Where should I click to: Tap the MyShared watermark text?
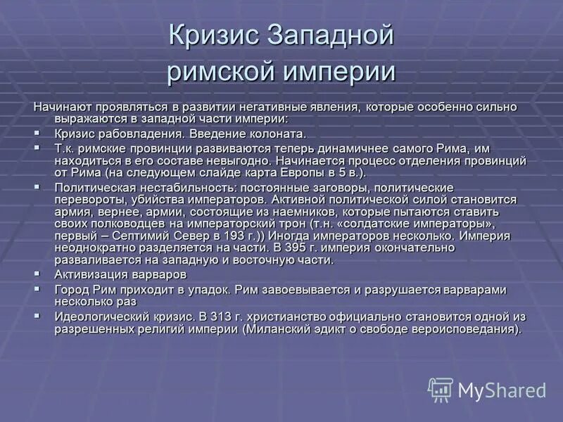pyautogui.click(x=502, y=390)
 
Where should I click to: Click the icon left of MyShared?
pyautogui.click(x=441, y=389)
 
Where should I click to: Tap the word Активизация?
pyautogui.click(x=87, y=274)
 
